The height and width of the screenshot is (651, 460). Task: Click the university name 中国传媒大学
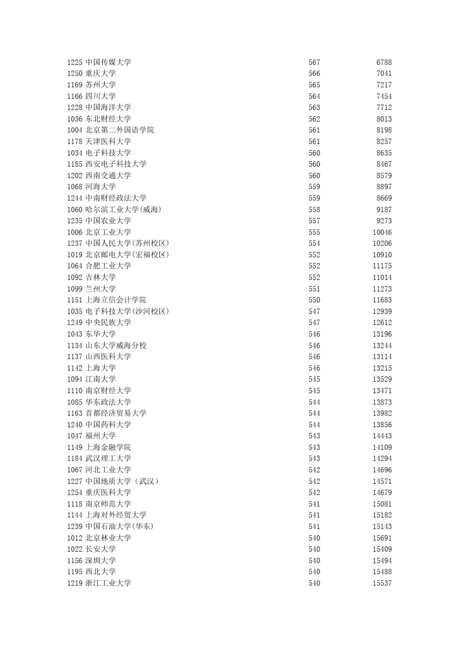tap(108, 62)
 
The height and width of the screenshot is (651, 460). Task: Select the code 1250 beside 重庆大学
tap(75, 74)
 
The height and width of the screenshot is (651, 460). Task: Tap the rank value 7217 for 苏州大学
tap(384, 85)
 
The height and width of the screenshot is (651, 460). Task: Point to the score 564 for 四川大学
tap(314, 96)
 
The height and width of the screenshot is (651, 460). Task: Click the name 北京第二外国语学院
tap(120, 130)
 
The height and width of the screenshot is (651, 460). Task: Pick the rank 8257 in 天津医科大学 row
tap(384, 141)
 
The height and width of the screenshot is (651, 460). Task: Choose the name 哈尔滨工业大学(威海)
tap(123, 210)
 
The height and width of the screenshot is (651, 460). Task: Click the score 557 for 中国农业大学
tap(314, 221)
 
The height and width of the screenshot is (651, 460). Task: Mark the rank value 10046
tap(382, 232)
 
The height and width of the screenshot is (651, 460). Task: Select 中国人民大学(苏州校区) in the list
tap(127, 243)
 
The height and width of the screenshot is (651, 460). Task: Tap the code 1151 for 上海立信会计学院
tap(75, 300)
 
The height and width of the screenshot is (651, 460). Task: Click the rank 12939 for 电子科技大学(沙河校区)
tap(382, 311)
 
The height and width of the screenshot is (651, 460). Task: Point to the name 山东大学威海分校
tap(116, 345)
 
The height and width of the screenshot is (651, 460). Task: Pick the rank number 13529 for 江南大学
tap(382, 379)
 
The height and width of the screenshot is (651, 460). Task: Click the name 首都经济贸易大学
tap(116, 413)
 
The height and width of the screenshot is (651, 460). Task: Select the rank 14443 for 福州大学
tap(382, 436)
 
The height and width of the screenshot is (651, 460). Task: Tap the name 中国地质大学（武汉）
tap(122, 481)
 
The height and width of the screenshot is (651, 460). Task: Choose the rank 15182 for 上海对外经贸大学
tap(382, 515)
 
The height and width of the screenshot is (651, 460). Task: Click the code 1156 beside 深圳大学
tap(75, 560)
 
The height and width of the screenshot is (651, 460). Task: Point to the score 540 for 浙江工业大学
tap(314, 583)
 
